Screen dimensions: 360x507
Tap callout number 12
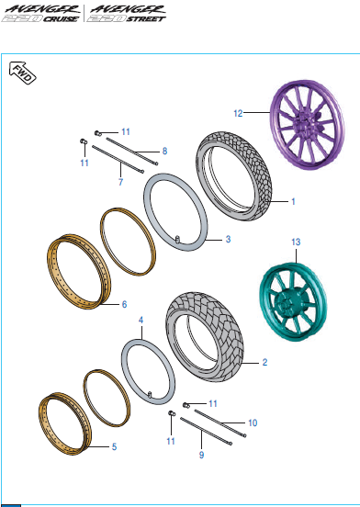click(237, 114)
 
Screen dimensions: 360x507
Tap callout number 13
click(295, 242)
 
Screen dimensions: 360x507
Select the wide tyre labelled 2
click(208, 334)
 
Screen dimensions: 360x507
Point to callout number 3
click(229, 239)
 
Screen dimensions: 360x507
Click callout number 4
click(141, 321)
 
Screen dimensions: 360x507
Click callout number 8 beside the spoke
click(164, 150)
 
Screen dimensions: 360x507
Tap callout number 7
click(119, 183)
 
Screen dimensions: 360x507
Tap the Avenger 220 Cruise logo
click(40, 14)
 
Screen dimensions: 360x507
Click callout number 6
click(125, 304)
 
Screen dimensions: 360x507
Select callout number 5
click(113, 447)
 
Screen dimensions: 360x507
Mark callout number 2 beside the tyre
click(264, 362)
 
